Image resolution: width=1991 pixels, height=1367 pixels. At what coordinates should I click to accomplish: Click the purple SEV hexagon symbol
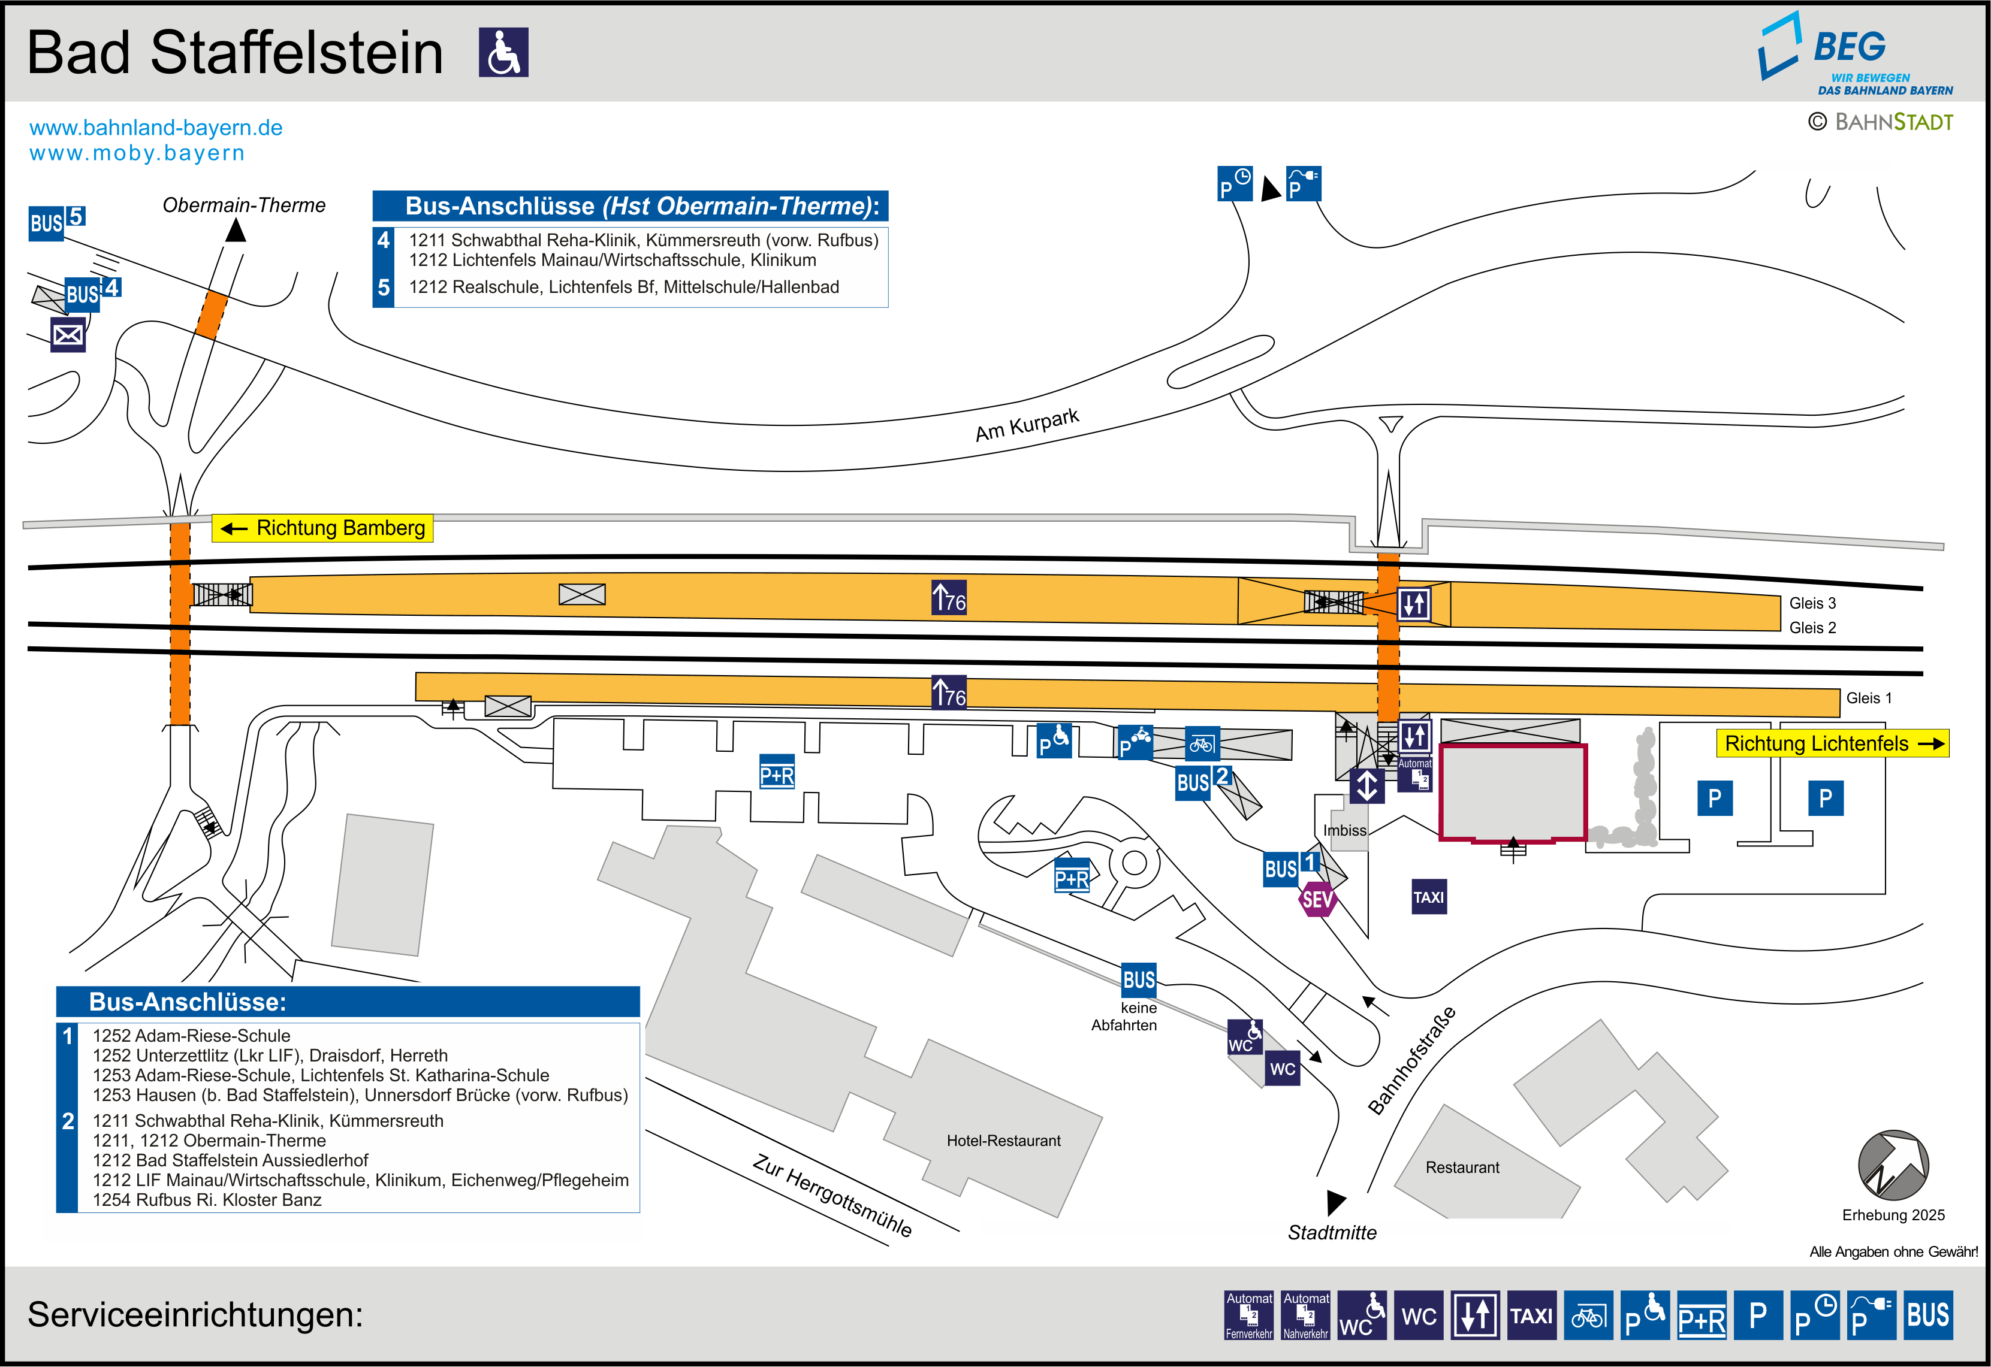coord(1317,899)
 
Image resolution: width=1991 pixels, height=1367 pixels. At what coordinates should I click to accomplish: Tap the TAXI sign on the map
coord(1428,897)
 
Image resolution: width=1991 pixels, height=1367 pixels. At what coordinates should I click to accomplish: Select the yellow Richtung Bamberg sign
coord(323,528)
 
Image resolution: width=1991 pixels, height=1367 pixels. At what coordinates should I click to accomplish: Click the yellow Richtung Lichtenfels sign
coord(1832,743)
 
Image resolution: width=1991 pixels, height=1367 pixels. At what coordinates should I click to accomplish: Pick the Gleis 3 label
coord(1812,603)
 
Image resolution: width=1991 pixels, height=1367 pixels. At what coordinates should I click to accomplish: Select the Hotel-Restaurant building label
coord(1003,1141)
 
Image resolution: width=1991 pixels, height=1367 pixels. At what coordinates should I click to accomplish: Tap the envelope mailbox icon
coord(68,335)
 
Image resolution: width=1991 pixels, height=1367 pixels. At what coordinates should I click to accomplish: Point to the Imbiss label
coord(1344,830)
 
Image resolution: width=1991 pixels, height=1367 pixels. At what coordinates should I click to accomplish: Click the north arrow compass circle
coord(1893,1165)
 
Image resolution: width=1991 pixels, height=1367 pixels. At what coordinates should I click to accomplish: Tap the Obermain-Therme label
coord(244,205)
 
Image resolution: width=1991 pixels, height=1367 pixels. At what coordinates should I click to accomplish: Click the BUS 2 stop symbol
coord(1202,781)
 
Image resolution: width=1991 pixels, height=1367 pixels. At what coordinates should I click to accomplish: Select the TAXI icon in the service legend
coord(1531,1315)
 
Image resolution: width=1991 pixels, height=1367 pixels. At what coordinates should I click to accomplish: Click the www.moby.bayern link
coord(137,153)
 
